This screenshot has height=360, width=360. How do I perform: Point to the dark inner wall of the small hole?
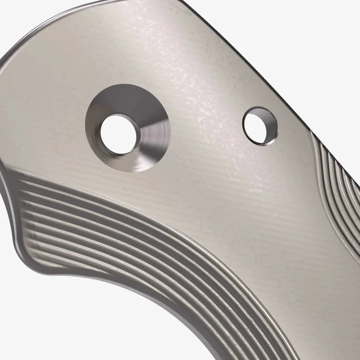267,118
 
